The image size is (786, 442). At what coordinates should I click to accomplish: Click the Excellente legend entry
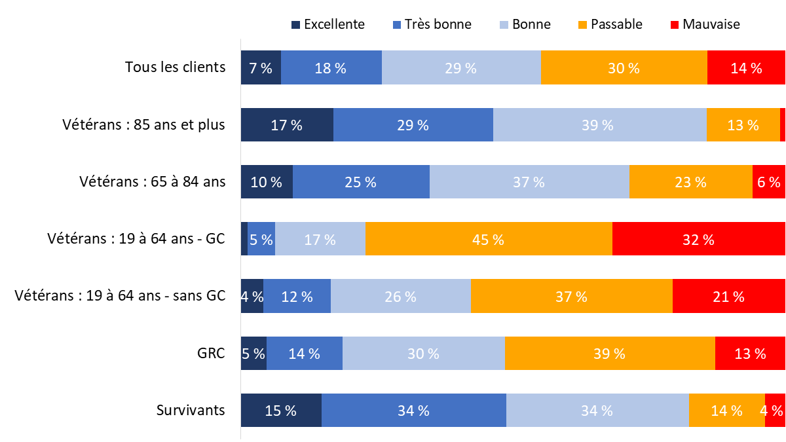pyautogui.click(x=327, y=25)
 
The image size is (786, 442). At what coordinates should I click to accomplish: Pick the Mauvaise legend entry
pyautogui.click(x=704, y=25)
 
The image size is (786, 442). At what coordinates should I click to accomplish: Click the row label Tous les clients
pyautogui.click(x=175, y=67)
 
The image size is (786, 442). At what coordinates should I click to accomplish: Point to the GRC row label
pyautogui.click(x=212, y=354)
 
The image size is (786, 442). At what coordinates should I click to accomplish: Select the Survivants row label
pyautogui.click(x=191, y=411)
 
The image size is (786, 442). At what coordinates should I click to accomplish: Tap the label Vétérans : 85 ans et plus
pyautogui.click(x=144, y=124)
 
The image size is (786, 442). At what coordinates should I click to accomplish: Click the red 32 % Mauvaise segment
pyautogui.click(x=698, y=239)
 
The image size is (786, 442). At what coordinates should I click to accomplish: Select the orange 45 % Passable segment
pyautogui.click(x=489, y=239)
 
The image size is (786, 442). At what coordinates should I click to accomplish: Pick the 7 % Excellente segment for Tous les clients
pyautogui.click(x=261, y=67)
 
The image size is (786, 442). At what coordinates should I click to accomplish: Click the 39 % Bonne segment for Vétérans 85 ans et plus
pyautogui.click(x=599, y=124)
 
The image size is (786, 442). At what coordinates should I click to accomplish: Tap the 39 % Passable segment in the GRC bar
pyautogui.click(x=610, y=354)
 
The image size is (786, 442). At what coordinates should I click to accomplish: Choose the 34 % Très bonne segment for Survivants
pyautogui.click(x=414, y=411)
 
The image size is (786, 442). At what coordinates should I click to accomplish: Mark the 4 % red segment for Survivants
pyautogui.click(x=774, y=411)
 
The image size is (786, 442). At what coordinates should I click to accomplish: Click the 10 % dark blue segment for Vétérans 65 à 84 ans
pyautogui.click(x=267, y=182)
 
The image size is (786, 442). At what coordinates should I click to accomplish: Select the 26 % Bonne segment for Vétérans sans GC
pyautogui.click(x=401, y=296)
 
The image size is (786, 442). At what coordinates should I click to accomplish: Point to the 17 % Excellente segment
pyautogui.click(x=287, y=124)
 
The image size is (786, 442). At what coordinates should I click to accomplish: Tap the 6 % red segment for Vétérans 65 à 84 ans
pyautogui.click(x=768, y=182)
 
